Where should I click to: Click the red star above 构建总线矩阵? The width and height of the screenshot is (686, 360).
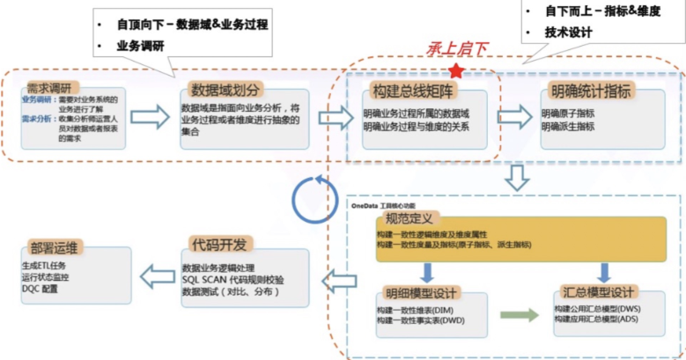(x=455, y=69)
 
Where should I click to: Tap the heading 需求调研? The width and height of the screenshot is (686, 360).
(x=46, y=89)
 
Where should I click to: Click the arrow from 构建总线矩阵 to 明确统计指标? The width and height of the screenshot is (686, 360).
(x=516, y=117)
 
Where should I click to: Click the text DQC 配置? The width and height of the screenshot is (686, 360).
(x=44, y=288)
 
